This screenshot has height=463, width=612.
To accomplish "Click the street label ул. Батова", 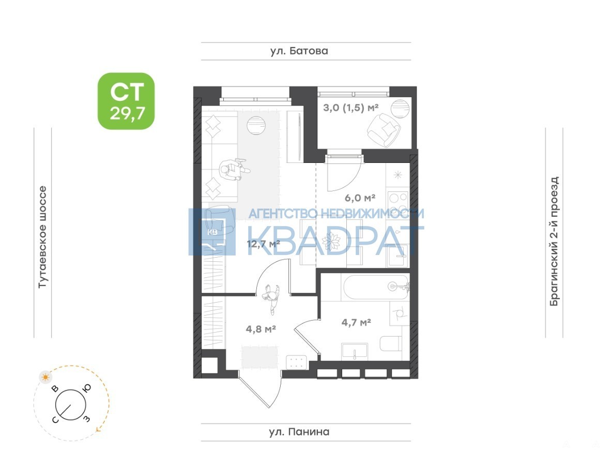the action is (x=299, y=51).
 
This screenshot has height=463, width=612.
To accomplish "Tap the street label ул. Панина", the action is (x=299, y=432).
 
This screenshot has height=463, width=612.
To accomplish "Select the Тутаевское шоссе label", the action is (x=42, y=237).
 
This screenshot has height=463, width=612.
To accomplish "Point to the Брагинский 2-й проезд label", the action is (x=554, y=241).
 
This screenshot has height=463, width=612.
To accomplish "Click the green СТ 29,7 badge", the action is (x=126, y=101).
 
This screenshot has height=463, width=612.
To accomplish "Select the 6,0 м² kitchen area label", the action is (x=360, y=198).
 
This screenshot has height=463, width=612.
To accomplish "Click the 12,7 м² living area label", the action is (x=264, y=244).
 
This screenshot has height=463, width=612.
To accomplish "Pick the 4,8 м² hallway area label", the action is (x=261, y=329).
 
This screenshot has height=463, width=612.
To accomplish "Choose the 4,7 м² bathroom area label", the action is (x=356, y=322).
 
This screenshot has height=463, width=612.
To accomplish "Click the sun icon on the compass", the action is (x=46, y=377).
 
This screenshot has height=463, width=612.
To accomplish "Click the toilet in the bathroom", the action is (x=390, y=343).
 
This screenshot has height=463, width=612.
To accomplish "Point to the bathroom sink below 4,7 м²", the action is (x=355, y=352).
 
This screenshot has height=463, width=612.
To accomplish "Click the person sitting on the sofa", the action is (x=234, y=170).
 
